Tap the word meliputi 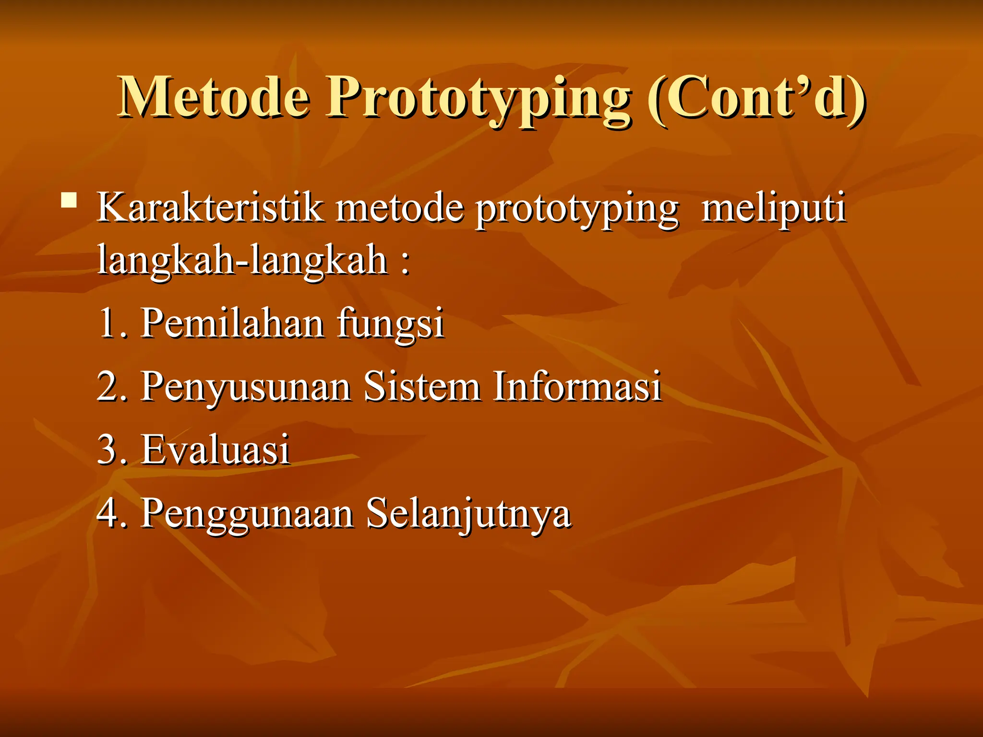[773, 209]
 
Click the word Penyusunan [246, 387]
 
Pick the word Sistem [422, 386]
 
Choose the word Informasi [577, 386]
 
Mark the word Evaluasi [216, 450]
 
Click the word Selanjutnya [468, 514]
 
